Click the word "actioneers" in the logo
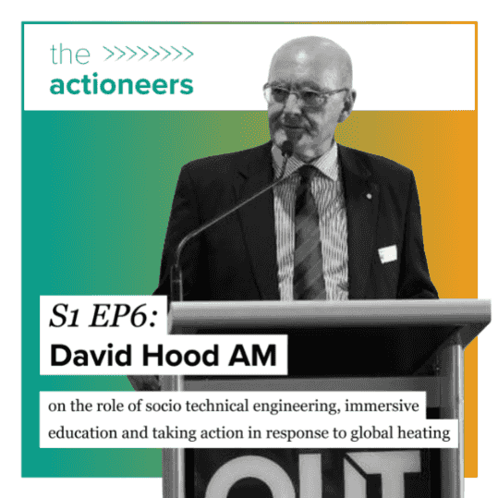(x=121, y=85)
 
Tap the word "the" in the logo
(x=70, y=55)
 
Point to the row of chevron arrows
(x=149, y=54)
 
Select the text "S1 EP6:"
(x=103, y=316)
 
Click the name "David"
(x=91, y=355)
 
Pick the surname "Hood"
(x=181, y=355)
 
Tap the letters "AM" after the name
(x=252, y=355)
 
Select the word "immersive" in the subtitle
(x=383, y=406)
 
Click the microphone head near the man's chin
(x=286, y=149)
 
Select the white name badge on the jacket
(x=387, y=254)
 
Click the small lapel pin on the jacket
(x=369, y=196)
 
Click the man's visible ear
(x=347, y=104)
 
